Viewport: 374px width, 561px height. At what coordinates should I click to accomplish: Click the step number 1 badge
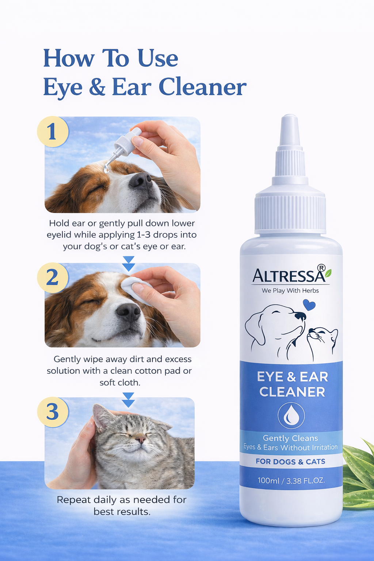tap(53, 131)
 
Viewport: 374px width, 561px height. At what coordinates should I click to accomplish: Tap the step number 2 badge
tap(53, 278)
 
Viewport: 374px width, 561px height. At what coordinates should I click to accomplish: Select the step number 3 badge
tap(53, 412)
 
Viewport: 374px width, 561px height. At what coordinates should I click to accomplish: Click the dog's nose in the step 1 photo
tap(140, 180)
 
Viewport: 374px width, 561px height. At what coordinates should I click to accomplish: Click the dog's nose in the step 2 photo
tap(129, 312)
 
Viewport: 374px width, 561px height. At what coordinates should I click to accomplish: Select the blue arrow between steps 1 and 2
tap(129, 263)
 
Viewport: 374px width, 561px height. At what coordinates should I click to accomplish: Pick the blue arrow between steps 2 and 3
tap(129, 400)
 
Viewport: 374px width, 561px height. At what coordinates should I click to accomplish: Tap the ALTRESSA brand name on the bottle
tap(289, 275)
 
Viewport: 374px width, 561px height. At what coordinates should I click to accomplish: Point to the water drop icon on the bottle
tap(291, 416)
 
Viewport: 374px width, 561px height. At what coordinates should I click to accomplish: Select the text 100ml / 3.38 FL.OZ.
tap(291, 481)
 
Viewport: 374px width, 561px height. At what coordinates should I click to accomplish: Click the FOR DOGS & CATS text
tap(291, 461)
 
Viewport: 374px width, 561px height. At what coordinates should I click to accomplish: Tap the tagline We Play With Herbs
tap(290, 290)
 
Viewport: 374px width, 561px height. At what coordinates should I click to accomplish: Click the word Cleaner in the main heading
tap(202, 87)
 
